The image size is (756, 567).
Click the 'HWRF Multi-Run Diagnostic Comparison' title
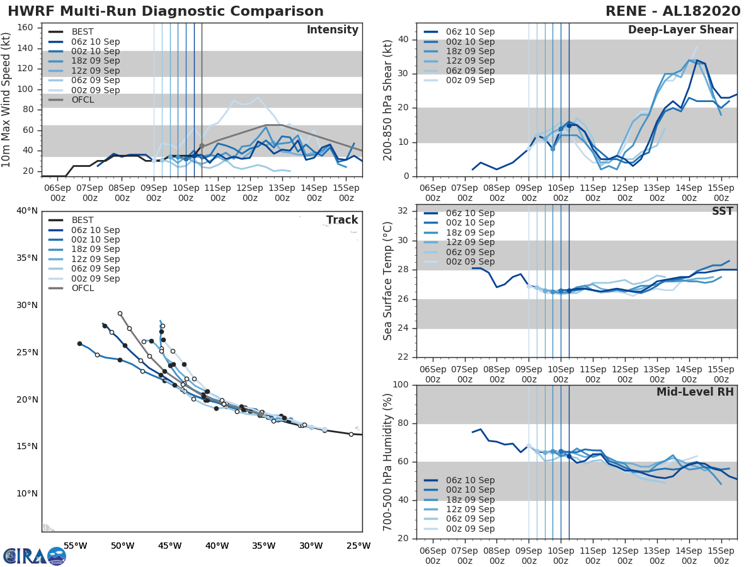coord(166,11)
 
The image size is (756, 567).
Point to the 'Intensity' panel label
coord(332,30)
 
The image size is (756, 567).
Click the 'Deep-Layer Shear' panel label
coord(680,30)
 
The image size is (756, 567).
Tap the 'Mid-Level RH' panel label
coord(695,392)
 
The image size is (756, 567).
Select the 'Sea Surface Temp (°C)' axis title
coord(388,281)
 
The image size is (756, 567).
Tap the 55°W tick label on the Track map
coord(75,546)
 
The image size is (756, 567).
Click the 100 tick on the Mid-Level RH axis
coord(399,385)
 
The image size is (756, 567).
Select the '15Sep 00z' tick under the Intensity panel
coord(346,193)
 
